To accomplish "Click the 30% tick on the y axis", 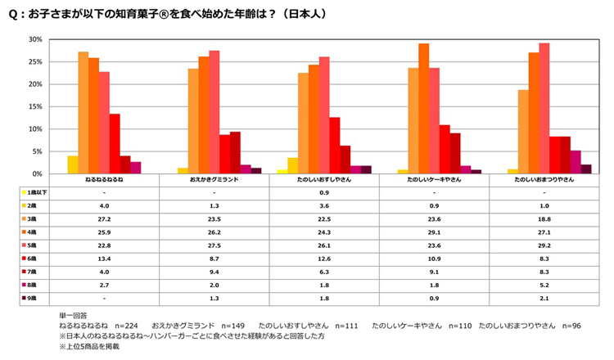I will point(34,39).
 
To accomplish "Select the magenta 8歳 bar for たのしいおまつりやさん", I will point(576,162).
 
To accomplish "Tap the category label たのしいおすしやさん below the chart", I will point(324,178).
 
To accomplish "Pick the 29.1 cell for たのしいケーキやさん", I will point(434,232).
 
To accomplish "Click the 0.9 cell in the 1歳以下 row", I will point(324,191).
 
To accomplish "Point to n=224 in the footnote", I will point(118,325).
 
